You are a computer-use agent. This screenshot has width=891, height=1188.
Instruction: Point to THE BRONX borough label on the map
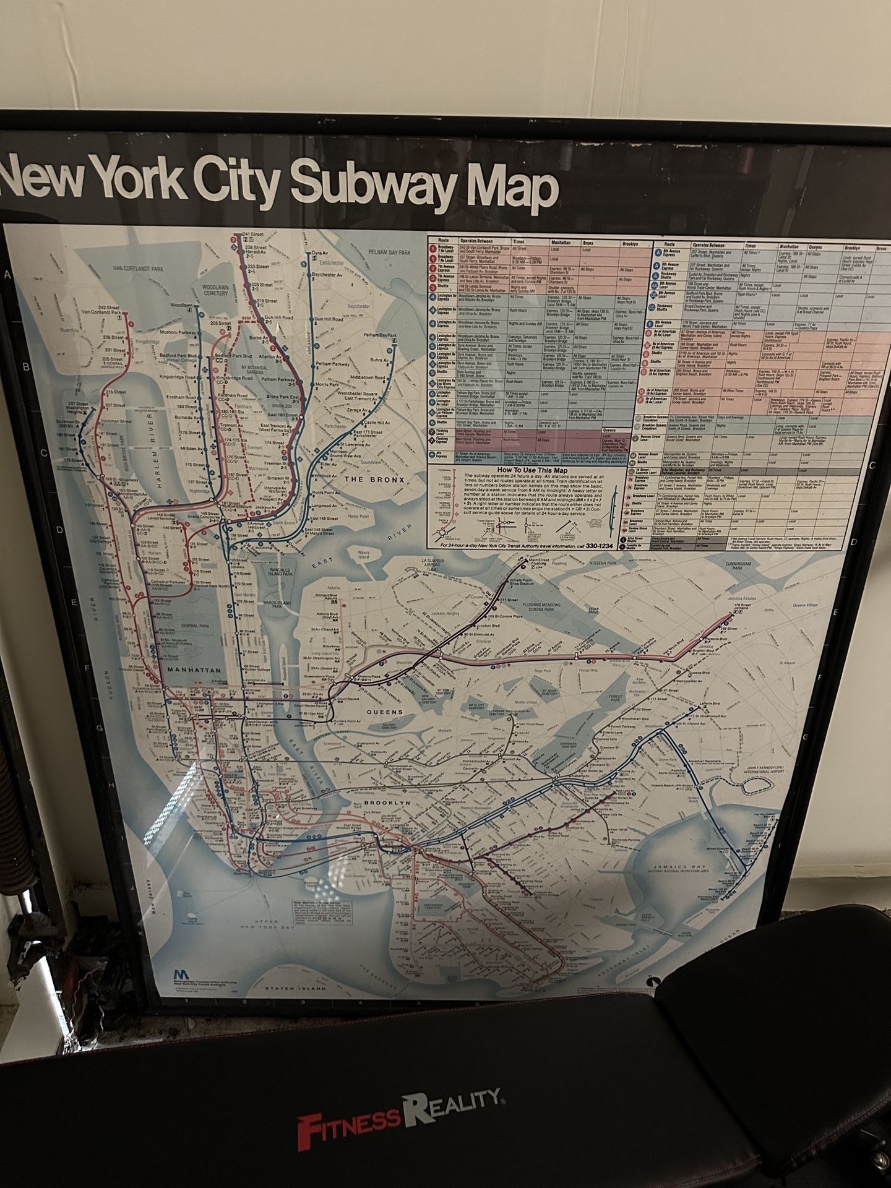(374, 480)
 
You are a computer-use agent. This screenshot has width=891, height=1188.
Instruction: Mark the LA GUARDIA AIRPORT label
(433, 563)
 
